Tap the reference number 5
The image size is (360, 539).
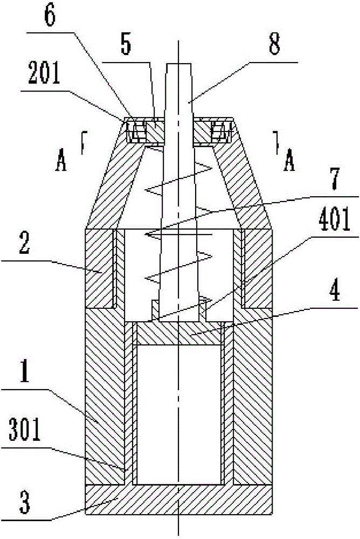pyautogui.click(x=126, y=44)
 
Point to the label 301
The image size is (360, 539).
pyautogui.click(x=25, y=430)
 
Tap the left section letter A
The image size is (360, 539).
pyautogui.click(x=60, y=161)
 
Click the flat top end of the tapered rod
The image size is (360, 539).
pyautogui.click(x=179, y=64)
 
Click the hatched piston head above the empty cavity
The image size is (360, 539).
pyautogui.click(x=179, y=334)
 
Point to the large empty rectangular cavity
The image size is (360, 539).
pyautogui.click(x=179, y=414)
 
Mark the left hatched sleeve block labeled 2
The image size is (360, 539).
pyautogui.click(x=99, y=268)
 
